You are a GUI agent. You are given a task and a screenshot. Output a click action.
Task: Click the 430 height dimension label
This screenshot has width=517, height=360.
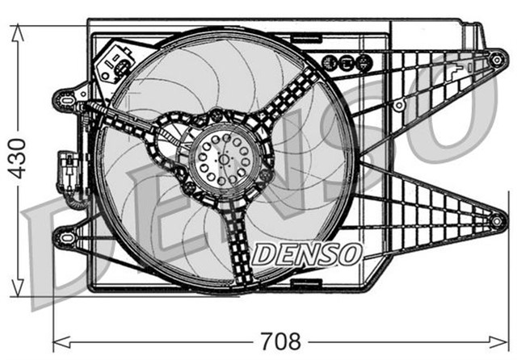[x=18, y=159]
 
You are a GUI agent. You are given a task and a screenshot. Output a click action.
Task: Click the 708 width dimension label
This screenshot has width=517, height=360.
[x=281, y=341]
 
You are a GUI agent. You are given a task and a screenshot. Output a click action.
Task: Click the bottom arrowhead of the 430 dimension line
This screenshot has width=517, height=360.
[x=18, y=292]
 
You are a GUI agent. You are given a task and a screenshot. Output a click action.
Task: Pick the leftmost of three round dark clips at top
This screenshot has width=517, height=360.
[x=329, y=61]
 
